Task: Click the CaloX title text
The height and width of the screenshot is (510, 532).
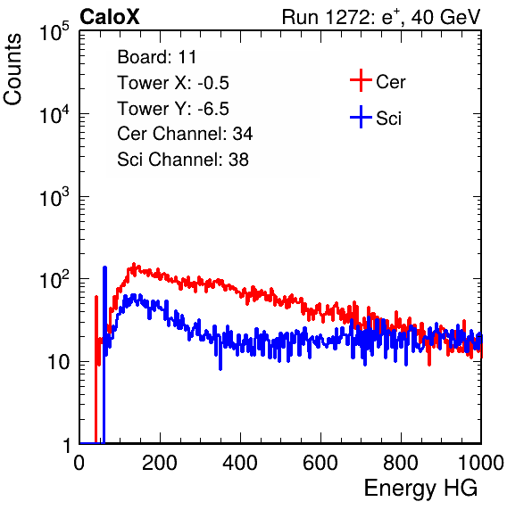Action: click(110, 17)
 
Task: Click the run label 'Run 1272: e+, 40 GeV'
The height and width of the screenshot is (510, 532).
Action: click(381, 17)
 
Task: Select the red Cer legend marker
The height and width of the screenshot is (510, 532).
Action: click(361, 80)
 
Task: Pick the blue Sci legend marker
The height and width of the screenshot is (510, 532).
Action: click(361, 117)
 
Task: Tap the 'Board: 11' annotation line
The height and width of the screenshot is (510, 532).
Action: click(157, 57)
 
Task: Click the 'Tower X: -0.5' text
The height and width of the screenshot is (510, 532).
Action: click(173, 83)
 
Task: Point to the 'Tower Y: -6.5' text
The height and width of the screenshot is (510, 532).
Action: click(173, 109)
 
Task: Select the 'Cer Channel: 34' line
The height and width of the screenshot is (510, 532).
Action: click(185, 134)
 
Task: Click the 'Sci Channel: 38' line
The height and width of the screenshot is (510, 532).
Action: click(183, 160)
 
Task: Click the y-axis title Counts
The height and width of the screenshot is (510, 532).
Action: click(12, 70)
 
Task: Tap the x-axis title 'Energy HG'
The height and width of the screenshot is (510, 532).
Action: click(420, 489)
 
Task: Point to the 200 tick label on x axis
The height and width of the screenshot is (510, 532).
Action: click(160, 463)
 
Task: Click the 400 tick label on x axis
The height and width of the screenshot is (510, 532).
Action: click(240, 463)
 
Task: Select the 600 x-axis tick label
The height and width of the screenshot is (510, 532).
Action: click(320, 463)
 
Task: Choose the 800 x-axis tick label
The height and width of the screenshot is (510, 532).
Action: click(401, 463)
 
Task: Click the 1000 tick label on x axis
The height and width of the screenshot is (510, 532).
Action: click(481, 463)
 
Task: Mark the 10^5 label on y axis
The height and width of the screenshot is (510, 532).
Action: click(54, 31)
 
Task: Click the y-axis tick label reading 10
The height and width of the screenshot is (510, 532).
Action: click(59, 362)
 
